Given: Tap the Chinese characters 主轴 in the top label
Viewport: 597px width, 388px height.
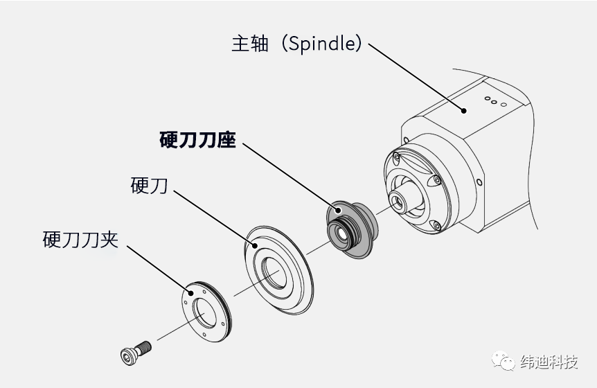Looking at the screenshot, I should pos(249,44).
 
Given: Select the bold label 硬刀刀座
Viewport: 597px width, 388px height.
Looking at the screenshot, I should pos(197,141).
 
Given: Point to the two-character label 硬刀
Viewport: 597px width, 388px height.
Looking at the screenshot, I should pos(149,185).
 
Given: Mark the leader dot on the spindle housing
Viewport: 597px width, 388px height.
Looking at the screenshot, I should pos(465,109).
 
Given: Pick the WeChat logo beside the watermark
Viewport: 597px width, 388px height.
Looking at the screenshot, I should pos(504,362).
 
